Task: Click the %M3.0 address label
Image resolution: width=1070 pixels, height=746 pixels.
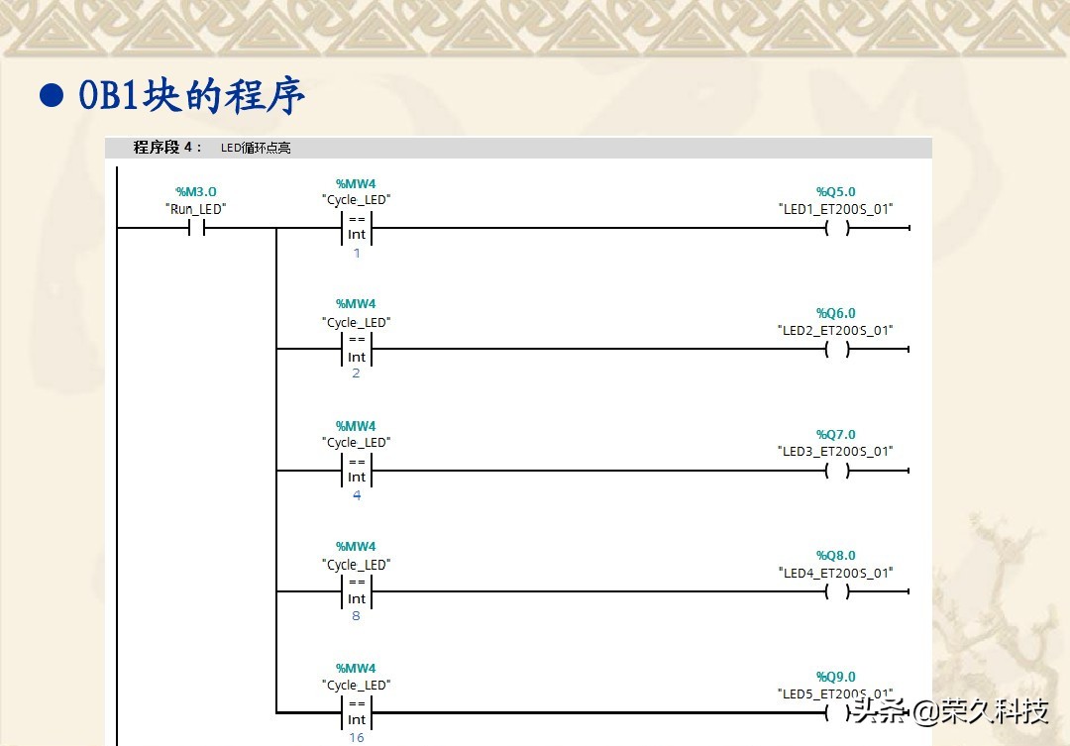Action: coord(196,191)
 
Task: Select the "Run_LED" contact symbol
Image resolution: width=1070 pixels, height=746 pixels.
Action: coord(196,228)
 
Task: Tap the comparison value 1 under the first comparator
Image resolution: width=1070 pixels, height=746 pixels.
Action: coord(357,254)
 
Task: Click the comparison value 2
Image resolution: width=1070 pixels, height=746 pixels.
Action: coord(357,374)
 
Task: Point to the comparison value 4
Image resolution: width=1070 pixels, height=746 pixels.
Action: coord(357,495)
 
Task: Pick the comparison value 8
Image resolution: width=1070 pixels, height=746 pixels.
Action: coord(357,616)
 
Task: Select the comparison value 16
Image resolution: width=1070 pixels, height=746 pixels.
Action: coord(357,737)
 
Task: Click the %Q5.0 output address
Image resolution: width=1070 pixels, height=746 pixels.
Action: coord(836,191)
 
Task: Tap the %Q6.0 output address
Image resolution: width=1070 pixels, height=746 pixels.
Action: coord(836,313)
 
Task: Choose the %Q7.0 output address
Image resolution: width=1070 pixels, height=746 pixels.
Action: coord(836,434)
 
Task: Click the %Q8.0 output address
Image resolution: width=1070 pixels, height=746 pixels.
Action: coord(836,555)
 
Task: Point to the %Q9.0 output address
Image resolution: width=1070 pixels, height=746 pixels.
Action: coord(836,677)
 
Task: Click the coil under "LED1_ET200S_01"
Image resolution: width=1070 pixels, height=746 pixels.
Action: coord(837,228)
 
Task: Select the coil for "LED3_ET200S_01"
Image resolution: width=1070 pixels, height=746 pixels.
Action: coord(837,471)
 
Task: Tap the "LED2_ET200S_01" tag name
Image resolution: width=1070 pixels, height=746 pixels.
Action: coord(836,330)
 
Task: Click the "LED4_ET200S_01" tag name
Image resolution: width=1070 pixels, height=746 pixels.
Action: coord(836,573)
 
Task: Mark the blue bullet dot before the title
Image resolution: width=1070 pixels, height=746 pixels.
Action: coord(51,95)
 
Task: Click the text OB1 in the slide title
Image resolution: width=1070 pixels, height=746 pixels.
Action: coord(109,96)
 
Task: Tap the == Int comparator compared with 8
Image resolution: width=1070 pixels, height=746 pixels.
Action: coord(357,591)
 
